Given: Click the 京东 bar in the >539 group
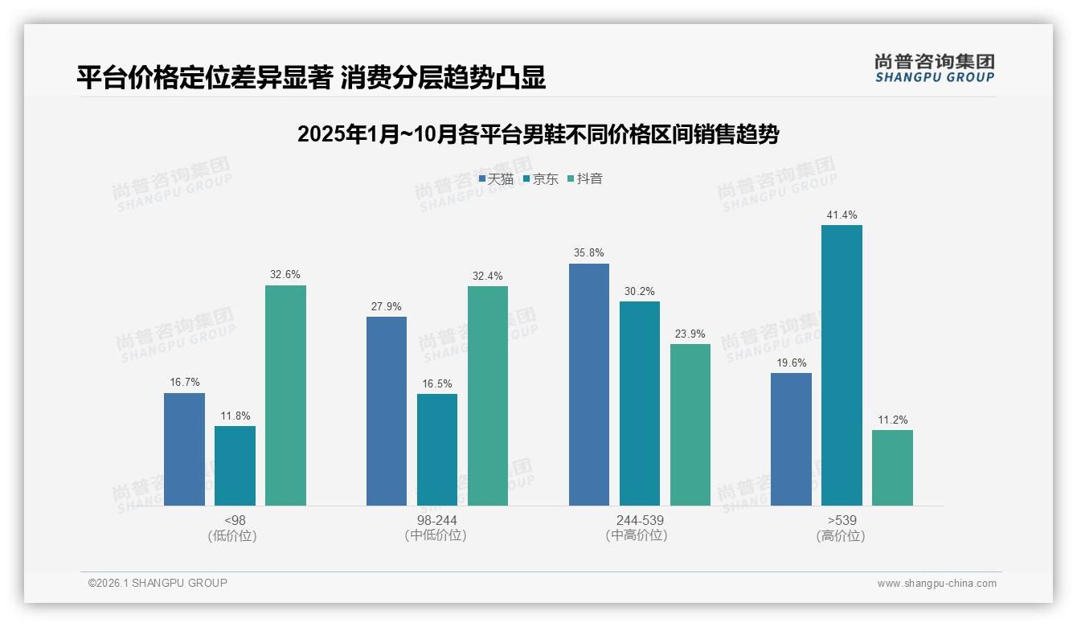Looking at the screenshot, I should point(842,365).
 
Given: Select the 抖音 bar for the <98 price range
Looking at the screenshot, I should point(285,395).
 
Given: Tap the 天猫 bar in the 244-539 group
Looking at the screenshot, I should point(589,384).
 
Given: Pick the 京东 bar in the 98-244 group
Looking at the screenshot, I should point(437,449).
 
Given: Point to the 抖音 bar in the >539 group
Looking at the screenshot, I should point(892,468).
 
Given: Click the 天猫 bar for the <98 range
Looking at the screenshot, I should point(184,449).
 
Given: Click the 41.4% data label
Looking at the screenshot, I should point(842,215).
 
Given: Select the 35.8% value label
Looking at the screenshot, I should point(589,253).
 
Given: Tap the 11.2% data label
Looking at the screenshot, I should point(892,420).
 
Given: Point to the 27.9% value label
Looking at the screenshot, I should point(387,306).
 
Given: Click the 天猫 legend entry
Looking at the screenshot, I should point(496,179).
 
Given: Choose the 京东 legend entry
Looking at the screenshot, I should point(540,179).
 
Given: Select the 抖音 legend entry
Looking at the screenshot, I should point(585,179).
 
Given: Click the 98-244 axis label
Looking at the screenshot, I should point(437,520).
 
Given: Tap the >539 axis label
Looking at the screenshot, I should point(842,520).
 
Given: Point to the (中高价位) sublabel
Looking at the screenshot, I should point(640,535).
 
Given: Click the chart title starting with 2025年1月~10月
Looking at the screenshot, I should point(538,134).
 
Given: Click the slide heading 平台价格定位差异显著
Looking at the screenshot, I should point(311,77).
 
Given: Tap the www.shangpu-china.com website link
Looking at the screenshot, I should point(936,584).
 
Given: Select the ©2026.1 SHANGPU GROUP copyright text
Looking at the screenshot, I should point(158,583).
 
